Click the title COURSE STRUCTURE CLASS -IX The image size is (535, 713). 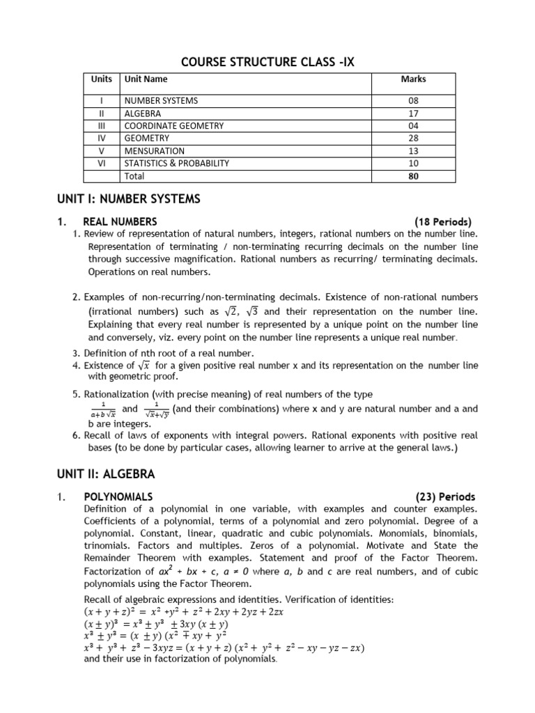[267, 62]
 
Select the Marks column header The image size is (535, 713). [413, 79]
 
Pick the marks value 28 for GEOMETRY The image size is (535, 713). [413, 139]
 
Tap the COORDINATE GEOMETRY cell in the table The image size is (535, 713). [173, 126]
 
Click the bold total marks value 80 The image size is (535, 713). [413, 176]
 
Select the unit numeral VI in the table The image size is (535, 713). [102, 164]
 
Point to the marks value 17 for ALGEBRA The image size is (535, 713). [413, 113]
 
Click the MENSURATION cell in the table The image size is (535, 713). [154, 151]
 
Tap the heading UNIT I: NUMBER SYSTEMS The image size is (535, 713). [128, 200]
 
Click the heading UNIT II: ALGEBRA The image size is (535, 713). [106, 474]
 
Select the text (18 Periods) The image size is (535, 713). [443, 221]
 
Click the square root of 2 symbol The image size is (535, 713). [233, 311]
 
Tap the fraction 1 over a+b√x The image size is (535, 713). [102, 409]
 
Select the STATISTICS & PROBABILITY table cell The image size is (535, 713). [176, 164]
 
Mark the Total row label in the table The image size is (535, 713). [134, 176]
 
